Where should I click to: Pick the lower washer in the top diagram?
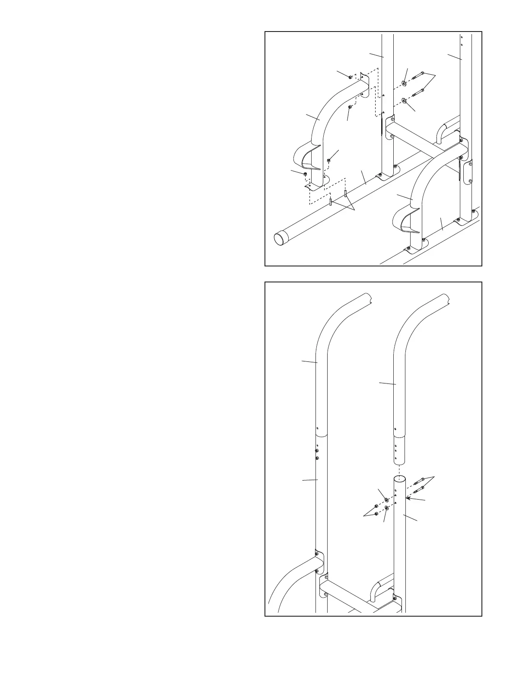[x=404, y=101]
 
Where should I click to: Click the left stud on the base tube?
[x=331, y=202]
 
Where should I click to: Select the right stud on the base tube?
[x=345, y=193]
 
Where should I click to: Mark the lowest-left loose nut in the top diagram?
[x=306, y=174]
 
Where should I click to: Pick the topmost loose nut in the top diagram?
[x=350, y=77]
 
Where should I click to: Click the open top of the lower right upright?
[x=400, y=479]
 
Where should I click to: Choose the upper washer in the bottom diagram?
[x=386, y=500]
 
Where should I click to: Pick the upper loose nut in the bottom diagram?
[x=376, y=506]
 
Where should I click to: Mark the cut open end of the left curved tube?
[x=445, y=300]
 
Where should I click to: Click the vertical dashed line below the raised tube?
[x=400, y=470]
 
